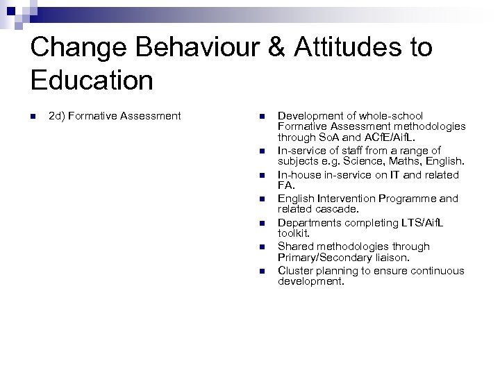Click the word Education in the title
point(92,81)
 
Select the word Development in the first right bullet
point(310,116)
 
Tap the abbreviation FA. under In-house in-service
point(286,186)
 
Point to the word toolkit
point(294,234)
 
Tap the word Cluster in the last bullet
point(295,270)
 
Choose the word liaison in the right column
point(393,258)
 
